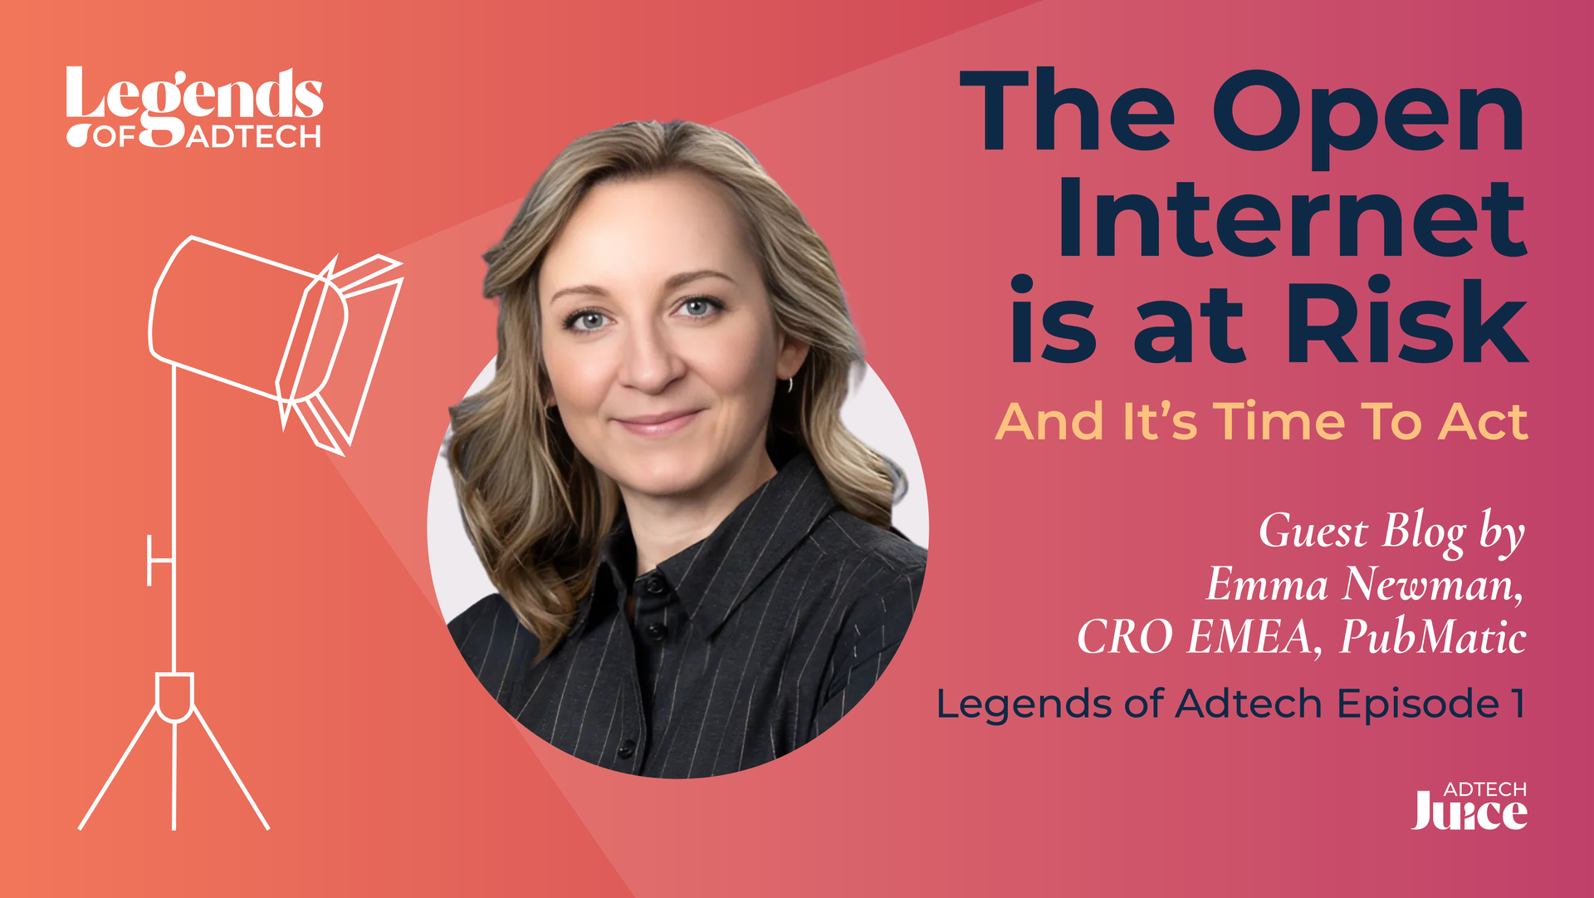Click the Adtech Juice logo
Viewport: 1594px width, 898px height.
[1469, 806]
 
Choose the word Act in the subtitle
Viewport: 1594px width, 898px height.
[1483, 421]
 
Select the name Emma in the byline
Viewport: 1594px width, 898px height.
[1267, 584]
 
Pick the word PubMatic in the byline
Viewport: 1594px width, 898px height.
[1434, 637]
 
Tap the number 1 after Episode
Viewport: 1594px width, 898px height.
[1518, 704]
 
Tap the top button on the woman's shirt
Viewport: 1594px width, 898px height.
[655, 585]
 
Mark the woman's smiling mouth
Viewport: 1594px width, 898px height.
[659, 423]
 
